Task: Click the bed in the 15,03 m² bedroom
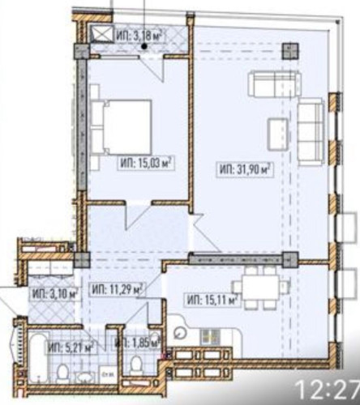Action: coord(122,126)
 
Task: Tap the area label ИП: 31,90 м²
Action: coord(244,169)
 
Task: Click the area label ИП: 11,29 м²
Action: coord(117,288)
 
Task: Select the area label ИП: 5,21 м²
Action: coord(71,347)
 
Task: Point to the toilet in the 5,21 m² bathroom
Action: coord(63,373)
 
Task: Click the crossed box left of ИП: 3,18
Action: coord(101,34)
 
